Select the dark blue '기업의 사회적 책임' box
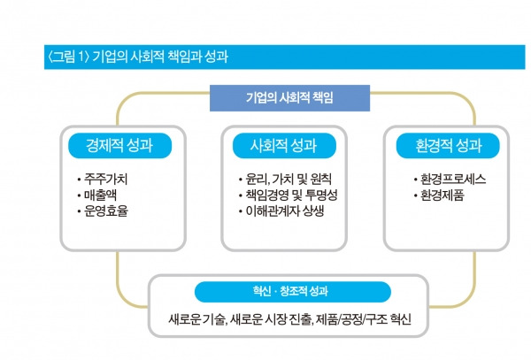[x=277, y=96]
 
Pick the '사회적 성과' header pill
[x=275, y=144]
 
